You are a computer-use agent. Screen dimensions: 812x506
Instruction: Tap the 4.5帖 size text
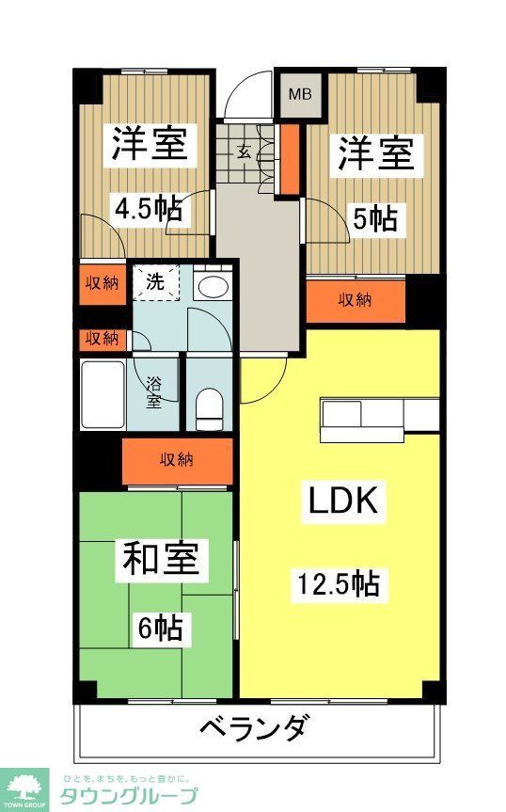pos(149,209)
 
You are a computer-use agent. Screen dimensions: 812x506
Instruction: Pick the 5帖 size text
pos(374,220)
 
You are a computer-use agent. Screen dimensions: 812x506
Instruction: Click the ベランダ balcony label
pos(254,727)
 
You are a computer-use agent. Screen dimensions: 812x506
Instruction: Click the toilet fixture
pos(208,405)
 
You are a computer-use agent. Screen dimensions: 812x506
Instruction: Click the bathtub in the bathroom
pos(103,393)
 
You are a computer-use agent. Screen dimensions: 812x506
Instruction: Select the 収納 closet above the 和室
pos(177,460)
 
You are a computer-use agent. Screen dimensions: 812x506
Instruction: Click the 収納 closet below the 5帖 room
pos(355,301)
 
